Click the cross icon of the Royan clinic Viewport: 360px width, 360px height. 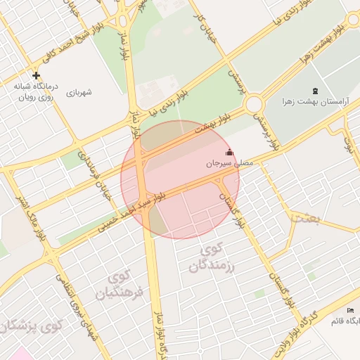[x=37, y=75]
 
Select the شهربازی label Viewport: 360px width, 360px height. [x=79, y=92]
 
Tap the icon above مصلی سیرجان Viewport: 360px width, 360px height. [x=229, y=152]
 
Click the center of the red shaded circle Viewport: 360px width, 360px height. [x=180, y=179]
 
